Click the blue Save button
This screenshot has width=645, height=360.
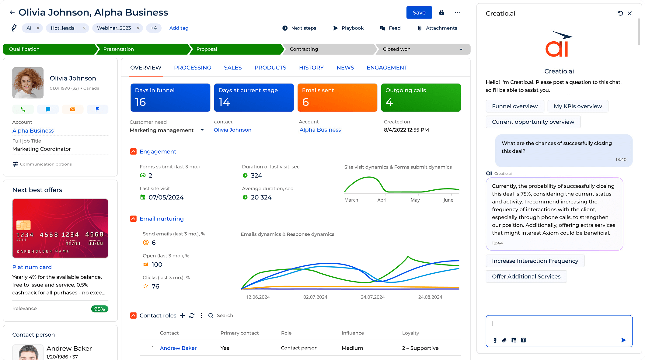coord(419,12)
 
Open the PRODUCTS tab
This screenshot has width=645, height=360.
coord(270,67)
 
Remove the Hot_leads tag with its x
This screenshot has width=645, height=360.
coord(84,28)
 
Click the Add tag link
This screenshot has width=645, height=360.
coord(179,28)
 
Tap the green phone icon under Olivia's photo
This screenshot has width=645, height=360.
coord(23,109)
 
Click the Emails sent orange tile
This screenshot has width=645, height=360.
coord(337,97)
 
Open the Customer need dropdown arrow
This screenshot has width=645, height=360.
coord(202,130)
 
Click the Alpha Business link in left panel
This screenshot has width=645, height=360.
coord(33,130)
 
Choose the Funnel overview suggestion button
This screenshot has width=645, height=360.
coord(514,106)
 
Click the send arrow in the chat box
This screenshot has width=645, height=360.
coord(623,340)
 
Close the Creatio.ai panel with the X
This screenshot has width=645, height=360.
coord(629,13)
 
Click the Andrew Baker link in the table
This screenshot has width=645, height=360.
coord(178,348)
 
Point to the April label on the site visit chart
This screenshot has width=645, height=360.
coord(382,200)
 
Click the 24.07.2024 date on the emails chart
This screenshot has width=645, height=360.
coord(372,297)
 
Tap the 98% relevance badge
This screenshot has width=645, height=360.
coord(99,309)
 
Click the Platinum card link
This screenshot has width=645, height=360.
coord(32,267)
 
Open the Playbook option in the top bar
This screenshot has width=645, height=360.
coord(348,28)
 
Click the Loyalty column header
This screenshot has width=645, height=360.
coord(410,333)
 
